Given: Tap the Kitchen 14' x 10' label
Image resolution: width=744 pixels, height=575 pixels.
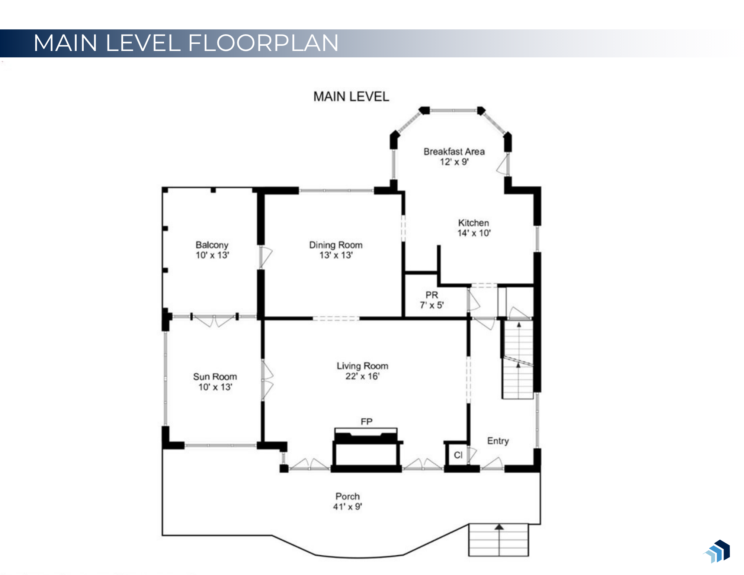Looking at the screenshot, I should [474, 228].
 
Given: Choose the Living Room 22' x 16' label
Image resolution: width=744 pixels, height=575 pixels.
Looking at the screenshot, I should [362, 371].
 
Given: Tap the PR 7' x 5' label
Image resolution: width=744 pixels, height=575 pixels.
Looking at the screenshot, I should [432, 300].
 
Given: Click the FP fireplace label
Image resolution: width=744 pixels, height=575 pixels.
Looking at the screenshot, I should [366, 421].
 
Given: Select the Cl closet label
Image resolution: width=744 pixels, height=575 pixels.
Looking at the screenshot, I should [458, 455].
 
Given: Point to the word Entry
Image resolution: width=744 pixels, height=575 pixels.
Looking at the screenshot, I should [498, 441].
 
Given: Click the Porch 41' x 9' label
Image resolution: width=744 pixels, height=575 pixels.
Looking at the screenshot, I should [347, 501].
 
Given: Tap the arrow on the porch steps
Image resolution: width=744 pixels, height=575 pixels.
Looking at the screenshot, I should [499, 527].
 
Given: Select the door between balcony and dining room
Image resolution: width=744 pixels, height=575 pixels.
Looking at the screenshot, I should [265, 256].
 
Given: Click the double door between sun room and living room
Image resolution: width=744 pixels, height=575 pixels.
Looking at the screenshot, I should [267, 380].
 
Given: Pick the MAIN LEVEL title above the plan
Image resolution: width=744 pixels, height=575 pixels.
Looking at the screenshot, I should [351, 97].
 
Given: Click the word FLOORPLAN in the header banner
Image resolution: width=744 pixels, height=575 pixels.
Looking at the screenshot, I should [263, 43].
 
